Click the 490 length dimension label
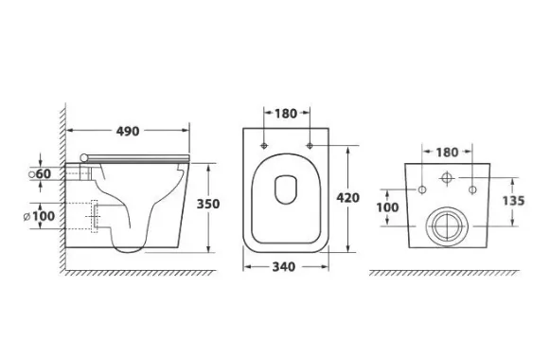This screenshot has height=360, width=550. tap(128, 132)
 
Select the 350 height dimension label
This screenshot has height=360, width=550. tap(208, 204)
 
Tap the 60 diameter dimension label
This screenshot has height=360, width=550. tap(44, 173)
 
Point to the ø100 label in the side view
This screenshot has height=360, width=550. tap(40, 216)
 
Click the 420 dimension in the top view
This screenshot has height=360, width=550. tap(348, 198)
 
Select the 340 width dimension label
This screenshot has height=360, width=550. tap(284, 267)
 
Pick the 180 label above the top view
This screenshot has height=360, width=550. tap(286, 114)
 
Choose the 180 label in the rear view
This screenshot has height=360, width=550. tap(447, 153)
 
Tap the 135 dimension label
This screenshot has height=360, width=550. tap(513, 201)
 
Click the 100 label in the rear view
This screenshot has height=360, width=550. tap(387, 207)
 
